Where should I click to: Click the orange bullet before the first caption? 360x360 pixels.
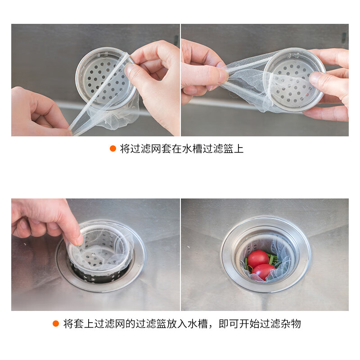[x=113, y=149]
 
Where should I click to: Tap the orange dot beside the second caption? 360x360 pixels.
[x=56, y=324]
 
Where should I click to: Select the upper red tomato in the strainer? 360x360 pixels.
[x=257, y=259]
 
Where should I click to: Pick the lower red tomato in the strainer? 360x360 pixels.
[x=263, y=271]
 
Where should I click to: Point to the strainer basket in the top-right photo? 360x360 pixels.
[x=295, y=79]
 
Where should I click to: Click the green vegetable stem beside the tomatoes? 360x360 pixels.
[x=272, y=260]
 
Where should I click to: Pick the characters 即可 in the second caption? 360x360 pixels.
[x=222, y=324]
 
